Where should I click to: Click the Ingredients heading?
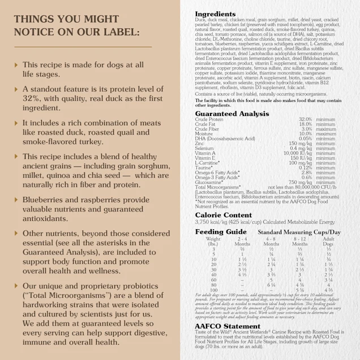coord(215,14)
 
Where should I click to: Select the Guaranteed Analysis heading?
coord(232,114)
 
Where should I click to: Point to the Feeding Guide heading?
coord(220,232)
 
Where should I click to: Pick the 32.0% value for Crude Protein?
coord(306,119)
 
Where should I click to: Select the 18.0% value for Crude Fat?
coord(306,124)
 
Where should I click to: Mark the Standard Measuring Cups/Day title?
coord(299,232)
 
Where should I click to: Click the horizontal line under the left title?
coord(83,46)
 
